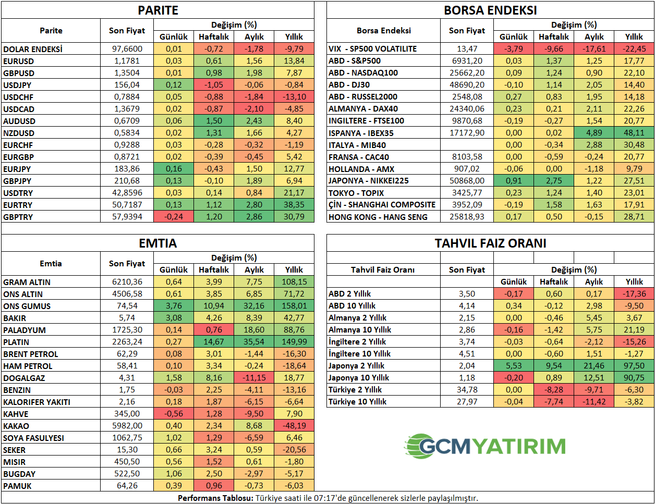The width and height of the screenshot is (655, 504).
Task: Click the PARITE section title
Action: coord(158,10)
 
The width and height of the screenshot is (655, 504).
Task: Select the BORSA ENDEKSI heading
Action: coord(490,10)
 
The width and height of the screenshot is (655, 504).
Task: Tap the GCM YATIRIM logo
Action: coord(485,446)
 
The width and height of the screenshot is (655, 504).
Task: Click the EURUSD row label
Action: coord(19,61)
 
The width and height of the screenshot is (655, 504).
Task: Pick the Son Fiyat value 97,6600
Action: coord(127,49)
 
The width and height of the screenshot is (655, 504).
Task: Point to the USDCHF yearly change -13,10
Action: coord(294,97)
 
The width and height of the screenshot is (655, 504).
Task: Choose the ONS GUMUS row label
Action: coord(27,306)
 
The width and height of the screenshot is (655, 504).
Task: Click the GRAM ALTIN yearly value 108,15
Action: coord(294,282)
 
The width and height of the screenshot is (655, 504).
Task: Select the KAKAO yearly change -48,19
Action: coord(294,426)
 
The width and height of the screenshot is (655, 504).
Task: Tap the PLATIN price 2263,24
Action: coord(127,342)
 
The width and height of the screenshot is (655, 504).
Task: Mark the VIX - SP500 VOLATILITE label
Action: coord(373,49)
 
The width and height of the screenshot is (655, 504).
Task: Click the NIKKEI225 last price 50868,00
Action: coord(467,181)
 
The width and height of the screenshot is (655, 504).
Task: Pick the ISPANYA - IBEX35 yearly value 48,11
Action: coord(634,133)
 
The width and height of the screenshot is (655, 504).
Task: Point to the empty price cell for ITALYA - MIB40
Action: coord(467,145)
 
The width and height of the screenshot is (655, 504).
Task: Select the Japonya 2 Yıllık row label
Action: coord(356,366)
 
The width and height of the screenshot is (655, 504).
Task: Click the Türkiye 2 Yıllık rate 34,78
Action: coord(467,390)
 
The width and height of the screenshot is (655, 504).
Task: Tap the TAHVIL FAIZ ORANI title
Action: coord(490,243)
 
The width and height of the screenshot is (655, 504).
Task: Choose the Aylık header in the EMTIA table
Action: coord(254,270)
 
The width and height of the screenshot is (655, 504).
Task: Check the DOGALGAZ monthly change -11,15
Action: coord(254,378)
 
